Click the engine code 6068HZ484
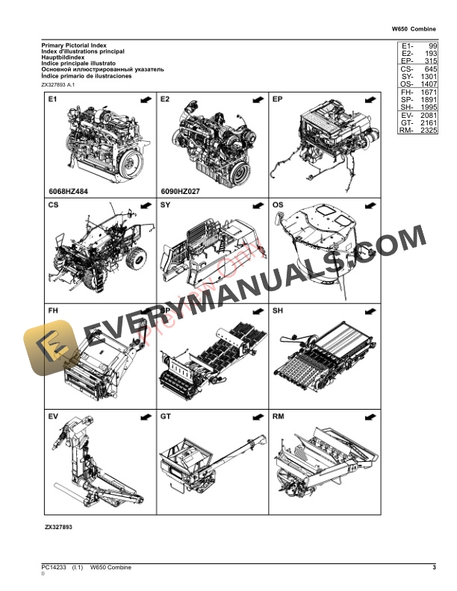[x=66, y=190]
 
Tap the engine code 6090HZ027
[x=179, y=190]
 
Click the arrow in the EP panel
[x=367, y=98]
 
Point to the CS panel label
[x=53, y=204]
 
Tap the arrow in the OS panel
[x=367, y=204]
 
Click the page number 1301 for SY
[x=429, y=77]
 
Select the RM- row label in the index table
[x=406, y=131]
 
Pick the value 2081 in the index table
[x=429, y=116]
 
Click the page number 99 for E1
[x=432, y=46]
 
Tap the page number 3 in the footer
[x=434, y=569]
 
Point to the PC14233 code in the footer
[x=55, y=569]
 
